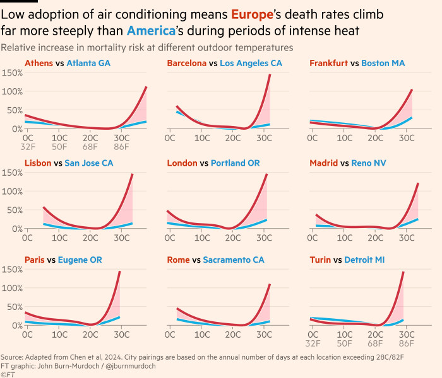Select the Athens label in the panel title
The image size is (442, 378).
click(x=39, y=63)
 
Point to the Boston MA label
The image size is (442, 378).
click(x=383, y=63)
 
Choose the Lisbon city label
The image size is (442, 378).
click(x=38, y=163)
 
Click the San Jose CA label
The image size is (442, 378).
click(x=89, y=163)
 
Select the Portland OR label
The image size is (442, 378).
click(x=236, y=163)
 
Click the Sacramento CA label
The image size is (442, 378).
click(x=234, y=260)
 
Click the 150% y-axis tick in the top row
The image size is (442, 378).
click(x=13, y=73)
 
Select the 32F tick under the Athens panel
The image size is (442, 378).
click(x=28, y=147)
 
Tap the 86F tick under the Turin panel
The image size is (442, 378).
click(x=407, y=344)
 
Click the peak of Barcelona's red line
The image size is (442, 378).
click(x=270, y=75)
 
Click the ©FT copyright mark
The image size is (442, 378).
click(x=8, y=374)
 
